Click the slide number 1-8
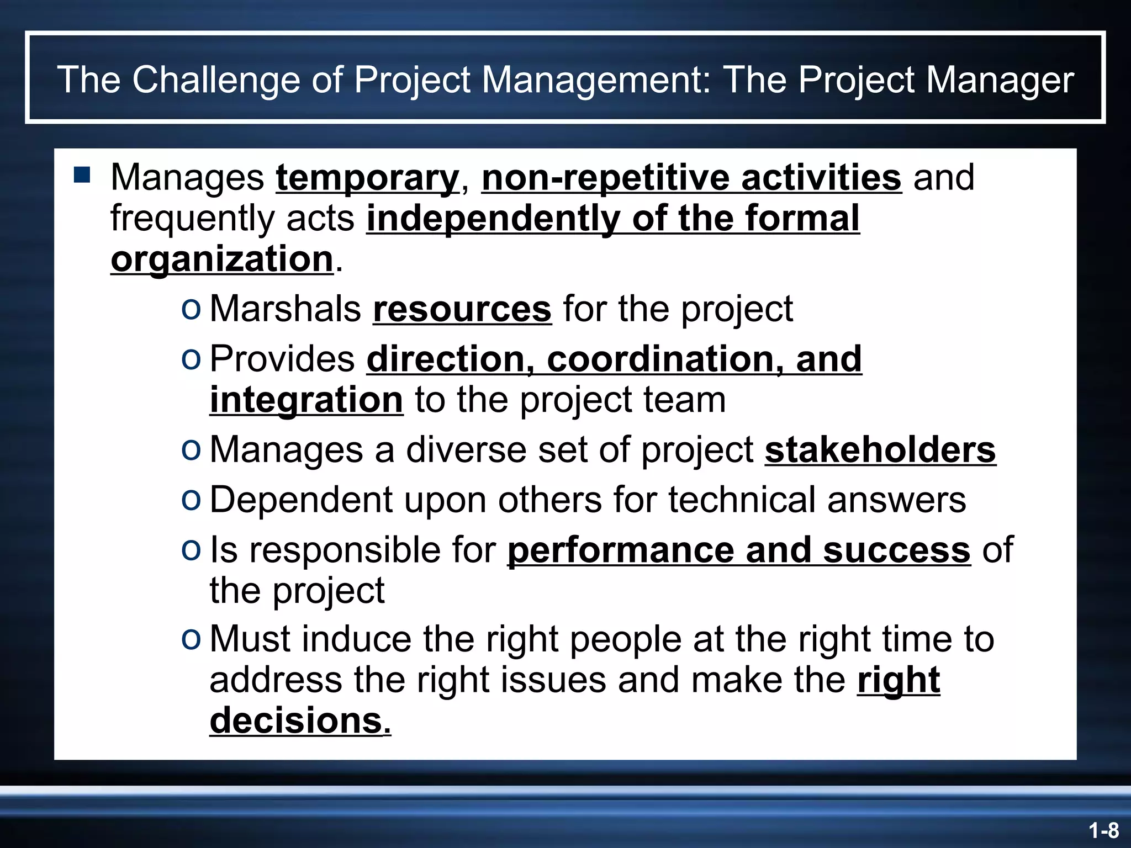tap(1103, 830)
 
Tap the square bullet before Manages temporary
tap(82, 176)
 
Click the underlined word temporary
tap(367, 178)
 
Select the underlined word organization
tap(222, 259)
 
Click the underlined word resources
tap(462, 309)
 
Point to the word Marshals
tap(285, 309)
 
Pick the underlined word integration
tap(306, 400)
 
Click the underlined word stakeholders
tap(880, 450)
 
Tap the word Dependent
tap(300, 500)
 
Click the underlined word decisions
tap(300, 720)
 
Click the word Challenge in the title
tap(215, 79)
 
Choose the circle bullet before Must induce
tap(191, 639)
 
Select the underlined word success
tap(896, 550)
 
